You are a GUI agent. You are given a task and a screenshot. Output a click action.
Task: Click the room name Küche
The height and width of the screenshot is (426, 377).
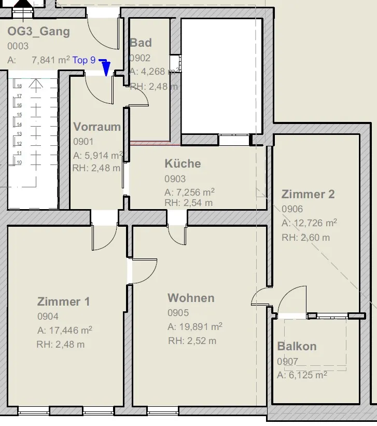(x=183, y=163)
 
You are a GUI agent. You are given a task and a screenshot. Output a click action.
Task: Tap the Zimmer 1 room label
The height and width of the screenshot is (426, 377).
(x=64, y=301)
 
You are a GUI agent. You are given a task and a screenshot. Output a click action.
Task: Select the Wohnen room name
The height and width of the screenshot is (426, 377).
(x=191, y=298)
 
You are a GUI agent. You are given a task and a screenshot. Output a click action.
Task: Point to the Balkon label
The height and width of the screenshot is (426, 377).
(x=297, y=347)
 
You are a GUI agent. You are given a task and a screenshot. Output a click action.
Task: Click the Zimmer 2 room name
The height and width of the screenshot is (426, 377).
(x=308, y=194)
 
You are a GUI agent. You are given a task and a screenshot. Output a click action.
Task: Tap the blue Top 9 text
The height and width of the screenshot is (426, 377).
(x=84, y=60)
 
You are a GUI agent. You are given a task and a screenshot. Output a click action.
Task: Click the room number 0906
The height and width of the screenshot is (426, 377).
(x=292, y=209)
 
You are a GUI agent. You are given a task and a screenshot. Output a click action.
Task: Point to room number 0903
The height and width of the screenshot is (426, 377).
(x=175, y=179)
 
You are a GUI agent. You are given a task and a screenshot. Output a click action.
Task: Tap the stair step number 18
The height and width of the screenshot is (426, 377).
(x=19, y=86)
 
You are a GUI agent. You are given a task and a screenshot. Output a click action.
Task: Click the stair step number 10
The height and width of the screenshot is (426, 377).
(x=19, y=162)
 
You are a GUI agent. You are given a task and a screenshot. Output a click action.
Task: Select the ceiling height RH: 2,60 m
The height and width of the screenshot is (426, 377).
(x=306, y=238)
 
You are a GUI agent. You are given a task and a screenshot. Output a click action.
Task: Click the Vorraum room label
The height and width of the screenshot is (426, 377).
(x=97, y=127)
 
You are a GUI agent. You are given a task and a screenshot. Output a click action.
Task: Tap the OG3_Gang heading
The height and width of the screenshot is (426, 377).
(x=38, y=32)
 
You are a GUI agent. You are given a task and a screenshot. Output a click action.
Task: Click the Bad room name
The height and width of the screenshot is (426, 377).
(x=141, y=43)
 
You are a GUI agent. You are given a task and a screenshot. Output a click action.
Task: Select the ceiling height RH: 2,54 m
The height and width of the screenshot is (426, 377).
(x=189, y=203)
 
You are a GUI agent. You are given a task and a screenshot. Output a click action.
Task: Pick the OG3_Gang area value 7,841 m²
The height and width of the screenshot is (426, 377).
(x=51, y=60)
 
